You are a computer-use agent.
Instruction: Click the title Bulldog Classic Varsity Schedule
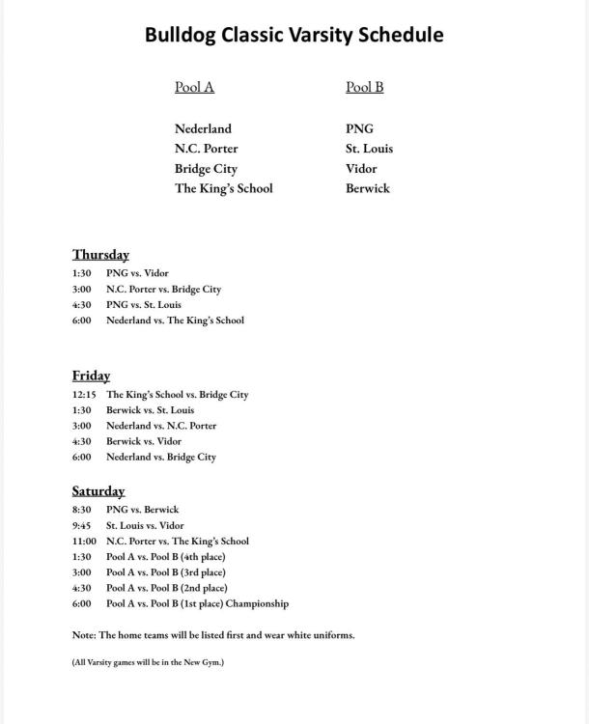294,35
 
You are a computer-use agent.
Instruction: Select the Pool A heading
194,87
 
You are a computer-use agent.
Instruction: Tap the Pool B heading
364,87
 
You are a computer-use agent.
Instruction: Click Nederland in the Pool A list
203,128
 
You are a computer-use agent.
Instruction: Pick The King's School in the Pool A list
223,188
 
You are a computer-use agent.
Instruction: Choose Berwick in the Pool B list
367,188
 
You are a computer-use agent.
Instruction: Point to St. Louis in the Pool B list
369,149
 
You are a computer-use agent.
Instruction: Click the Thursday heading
100,255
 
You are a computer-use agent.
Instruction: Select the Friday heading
91,376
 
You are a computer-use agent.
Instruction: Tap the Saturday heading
98,491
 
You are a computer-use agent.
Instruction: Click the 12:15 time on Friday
84,395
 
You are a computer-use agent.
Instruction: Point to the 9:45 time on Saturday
81,526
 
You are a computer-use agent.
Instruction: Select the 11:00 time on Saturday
84,542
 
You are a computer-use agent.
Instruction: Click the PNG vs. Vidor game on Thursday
137,273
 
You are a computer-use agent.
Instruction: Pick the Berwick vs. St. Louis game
150,410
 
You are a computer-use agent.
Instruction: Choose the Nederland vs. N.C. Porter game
161,426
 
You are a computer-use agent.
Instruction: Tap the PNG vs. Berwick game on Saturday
142,510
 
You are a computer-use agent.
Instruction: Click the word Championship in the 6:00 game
256,604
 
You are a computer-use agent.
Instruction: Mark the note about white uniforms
212,635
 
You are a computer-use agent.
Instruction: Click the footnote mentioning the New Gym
148,663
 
